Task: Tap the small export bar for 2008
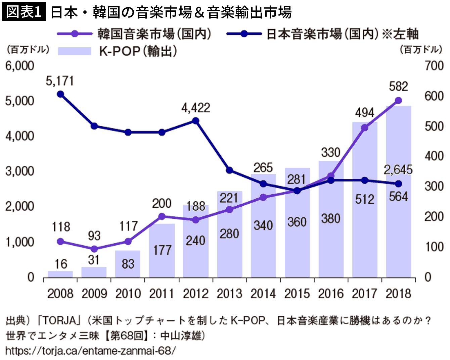point(60,274)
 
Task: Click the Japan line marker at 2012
point(196,121)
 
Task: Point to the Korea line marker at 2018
point(399,100)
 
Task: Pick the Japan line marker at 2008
point(60,94)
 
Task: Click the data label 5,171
point(60,81)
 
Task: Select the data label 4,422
point(196,108)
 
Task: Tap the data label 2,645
point(398,170)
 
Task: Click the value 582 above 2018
point(398,87)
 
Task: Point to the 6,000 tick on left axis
point(19,66)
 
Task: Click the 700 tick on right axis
point(434,66)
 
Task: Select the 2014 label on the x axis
point(263,294)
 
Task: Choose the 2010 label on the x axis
point(128,294)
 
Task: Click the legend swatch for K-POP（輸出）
point(75,51)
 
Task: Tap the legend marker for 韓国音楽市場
point(75,34)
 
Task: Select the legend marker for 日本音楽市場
point(244,34)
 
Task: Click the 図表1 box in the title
point(24,12)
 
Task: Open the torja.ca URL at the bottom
point(91,351)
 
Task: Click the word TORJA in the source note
point(59,320)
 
